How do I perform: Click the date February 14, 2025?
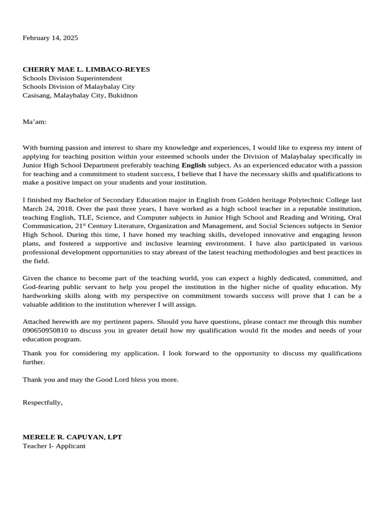[x=50, y=38]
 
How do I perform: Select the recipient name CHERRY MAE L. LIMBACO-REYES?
[x=86, y=69]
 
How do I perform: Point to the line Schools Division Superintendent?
[x=72, y=78]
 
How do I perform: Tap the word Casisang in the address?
[x=36, y=95]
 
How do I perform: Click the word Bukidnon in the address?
[x=122, y=95]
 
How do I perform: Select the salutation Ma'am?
[x=35, y=121]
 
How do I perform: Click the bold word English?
[x=193, y=165]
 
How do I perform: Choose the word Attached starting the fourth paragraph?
[x=37, y=322]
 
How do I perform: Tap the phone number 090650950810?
[x=46, y=330]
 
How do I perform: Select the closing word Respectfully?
[x=43, y=403]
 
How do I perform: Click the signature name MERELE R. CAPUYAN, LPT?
[x=72, y=437]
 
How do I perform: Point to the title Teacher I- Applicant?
[x=54, y=446]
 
